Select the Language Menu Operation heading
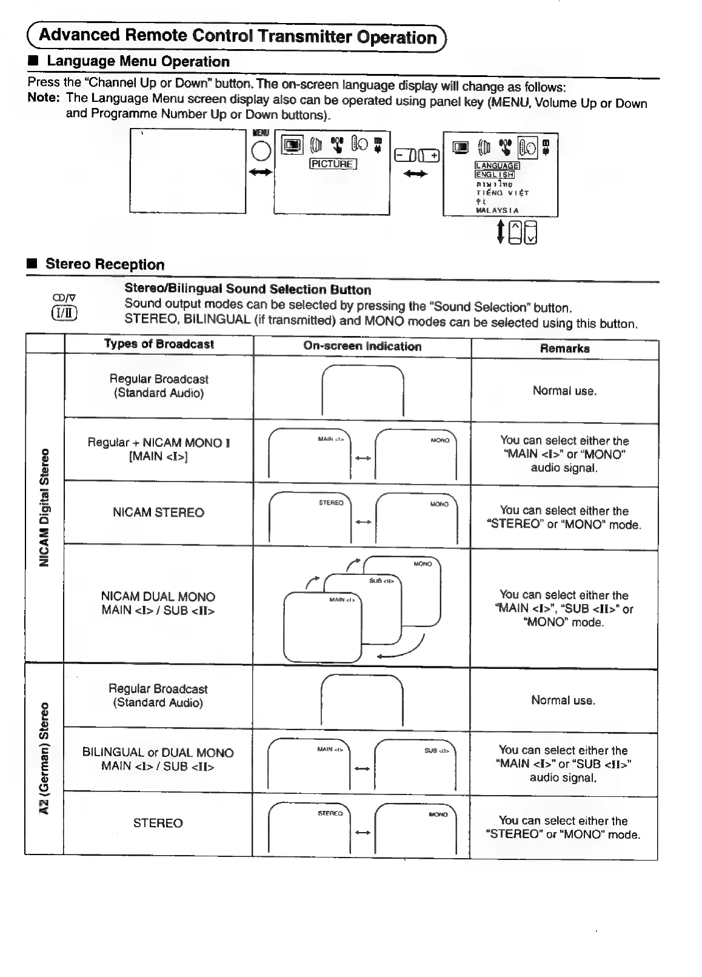tap(138, 61)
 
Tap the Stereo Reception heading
tap(105, 264)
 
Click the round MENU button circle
tap(261, 151)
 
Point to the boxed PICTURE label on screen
tap(333, 164)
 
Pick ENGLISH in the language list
tap(495, 175)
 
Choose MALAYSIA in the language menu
tap(497, 210)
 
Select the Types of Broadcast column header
tap(159, 344)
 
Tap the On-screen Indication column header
tap(362, 346)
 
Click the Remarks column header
tap(564, 349)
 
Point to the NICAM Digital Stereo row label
tap(44, 507)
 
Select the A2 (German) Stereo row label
tap(44, 759)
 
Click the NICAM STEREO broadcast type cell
tap(158, 512)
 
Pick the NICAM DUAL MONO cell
tap(158, 603)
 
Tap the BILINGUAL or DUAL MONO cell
tap(158, 759)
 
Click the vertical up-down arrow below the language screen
tap(500, 231)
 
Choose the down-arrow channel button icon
tap(531, 232)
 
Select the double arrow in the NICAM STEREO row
tap(363, 522)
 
